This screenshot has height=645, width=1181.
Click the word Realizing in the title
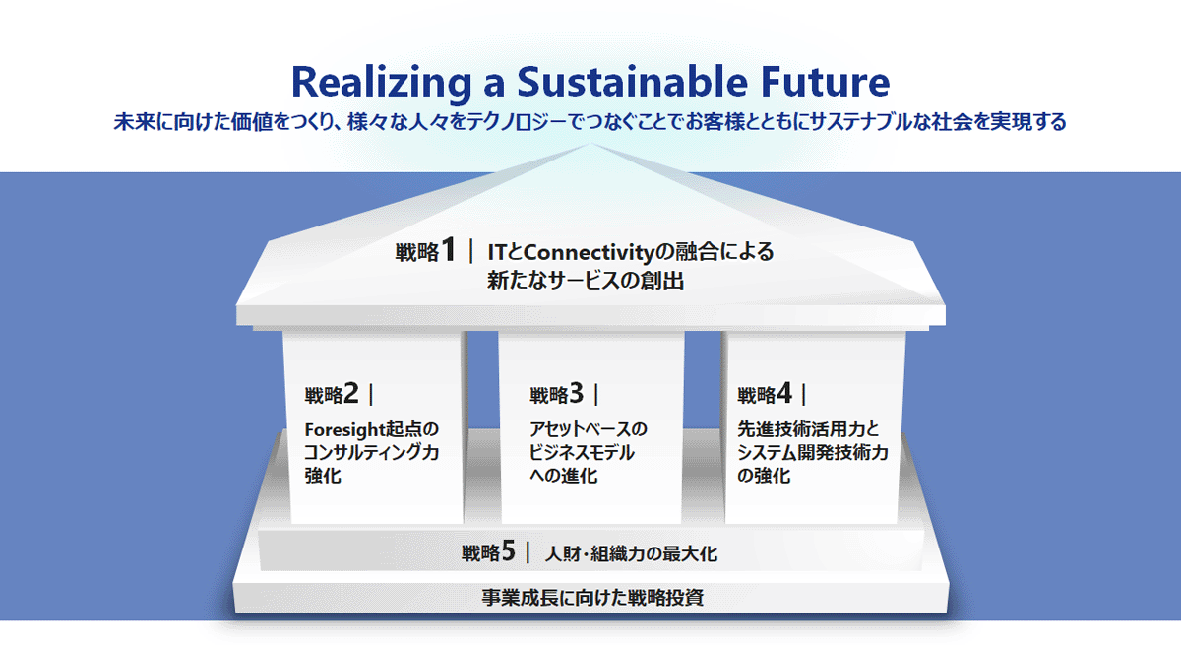pos(382,83)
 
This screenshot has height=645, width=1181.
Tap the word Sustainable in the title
pos(632,82)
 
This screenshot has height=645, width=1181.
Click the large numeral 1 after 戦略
pos(448,249)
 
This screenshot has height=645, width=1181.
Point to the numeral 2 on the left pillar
pos(351,393)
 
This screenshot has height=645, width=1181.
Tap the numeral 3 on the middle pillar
pos(577,393)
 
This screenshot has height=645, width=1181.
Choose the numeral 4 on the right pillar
pos(784,393)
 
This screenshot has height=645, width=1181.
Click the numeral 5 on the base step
pos(508,551)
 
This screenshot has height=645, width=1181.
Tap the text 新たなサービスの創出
pos(586,280)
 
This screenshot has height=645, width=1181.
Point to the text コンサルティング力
pos(372,453)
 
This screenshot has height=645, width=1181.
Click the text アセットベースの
pos(588,429)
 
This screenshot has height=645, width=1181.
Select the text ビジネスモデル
pos(582,453)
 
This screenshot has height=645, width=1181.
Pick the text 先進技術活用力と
pos(808,429)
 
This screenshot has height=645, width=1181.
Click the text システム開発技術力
pos(813,453)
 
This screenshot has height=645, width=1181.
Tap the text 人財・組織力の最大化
pos(631,553)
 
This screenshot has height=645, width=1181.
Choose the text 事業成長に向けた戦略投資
pos(592,598)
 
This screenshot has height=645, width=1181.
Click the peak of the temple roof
pos(591,143)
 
